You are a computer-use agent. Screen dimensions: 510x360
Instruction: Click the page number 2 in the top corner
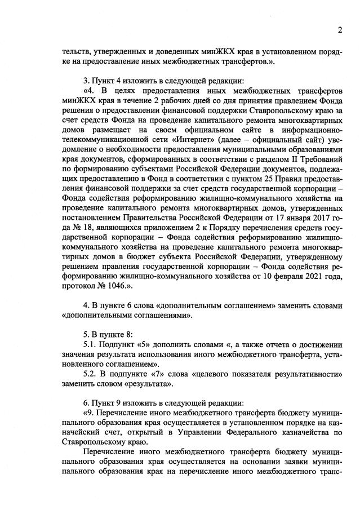coord(340,30)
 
